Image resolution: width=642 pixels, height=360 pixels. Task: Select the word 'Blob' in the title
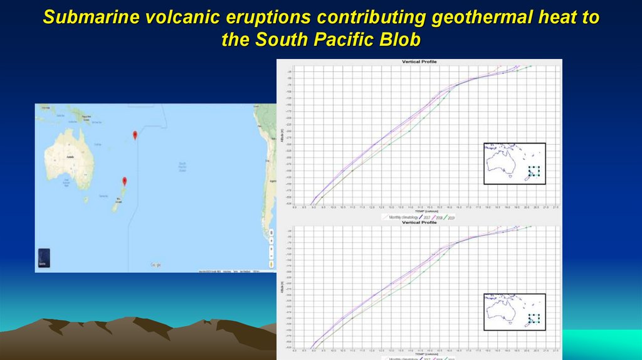[397, 40]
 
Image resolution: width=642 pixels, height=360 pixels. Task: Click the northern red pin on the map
[135, 134]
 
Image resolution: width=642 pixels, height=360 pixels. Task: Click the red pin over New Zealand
[124, 181]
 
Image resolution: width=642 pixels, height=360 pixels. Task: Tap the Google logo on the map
[155, 265]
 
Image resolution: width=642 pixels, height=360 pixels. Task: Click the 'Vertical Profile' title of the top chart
[419, 62]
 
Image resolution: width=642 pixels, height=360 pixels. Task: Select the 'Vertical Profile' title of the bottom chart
[419, 223]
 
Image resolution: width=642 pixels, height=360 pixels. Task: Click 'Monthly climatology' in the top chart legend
[404, 217]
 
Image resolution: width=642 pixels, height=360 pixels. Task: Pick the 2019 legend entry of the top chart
[450, 217]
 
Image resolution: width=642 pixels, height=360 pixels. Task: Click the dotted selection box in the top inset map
[534, 171]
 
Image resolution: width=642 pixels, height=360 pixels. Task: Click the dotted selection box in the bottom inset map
[534, 319]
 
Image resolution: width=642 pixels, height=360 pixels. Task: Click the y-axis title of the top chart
[283, 134]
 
